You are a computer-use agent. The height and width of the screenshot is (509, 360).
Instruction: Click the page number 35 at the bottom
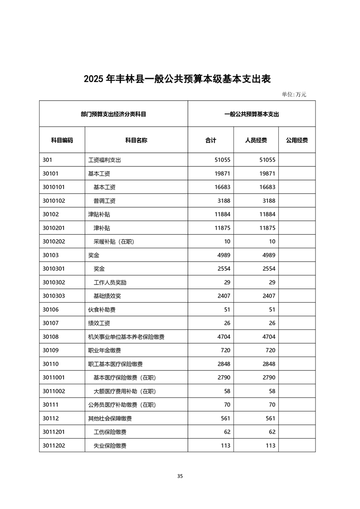coord(180,476)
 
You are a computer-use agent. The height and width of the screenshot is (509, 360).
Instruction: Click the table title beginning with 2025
coord(177,78)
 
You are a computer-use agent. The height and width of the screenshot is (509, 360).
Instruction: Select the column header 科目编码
coord(62,140)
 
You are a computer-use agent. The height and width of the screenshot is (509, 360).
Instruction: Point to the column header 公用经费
coord(297,140)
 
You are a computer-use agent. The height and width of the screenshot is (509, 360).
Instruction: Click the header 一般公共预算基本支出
coord(252,114)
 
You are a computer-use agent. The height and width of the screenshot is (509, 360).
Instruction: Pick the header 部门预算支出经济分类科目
coord(113,114)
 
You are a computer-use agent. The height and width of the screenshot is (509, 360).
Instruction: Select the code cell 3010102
coord(54,201)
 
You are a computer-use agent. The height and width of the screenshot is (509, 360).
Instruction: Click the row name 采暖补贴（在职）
coord(114,241)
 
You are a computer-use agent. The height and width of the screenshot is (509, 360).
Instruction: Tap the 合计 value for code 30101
coord(222,173)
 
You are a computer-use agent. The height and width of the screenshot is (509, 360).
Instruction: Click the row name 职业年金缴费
coord(104,350)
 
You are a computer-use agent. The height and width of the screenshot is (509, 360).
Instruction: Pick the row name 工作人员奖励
coord(110,282)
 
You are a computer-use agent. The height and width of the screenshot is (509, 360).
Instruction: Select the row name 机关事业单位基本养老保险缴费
coord(126,337)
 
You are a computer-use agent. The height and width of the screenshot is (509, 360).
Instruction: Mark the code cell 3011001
coord(54,377)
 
